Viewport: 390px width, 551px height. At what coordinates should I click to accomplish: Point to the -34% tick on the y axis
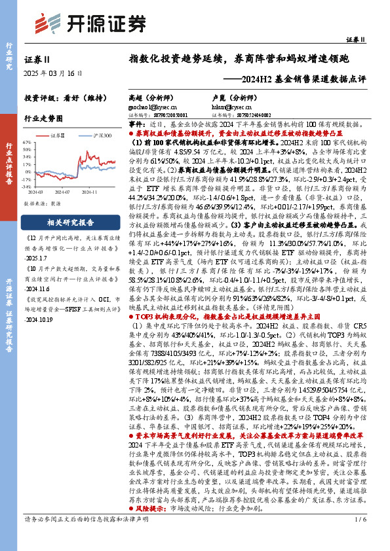(28, 186)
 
